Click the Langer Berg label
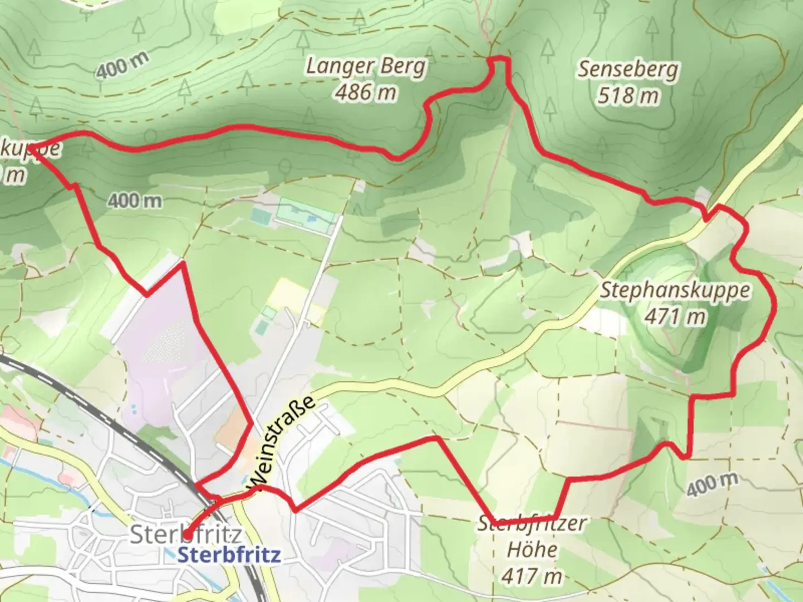click(x=365, y=66)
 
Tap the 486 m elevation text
click(x=365, y=92)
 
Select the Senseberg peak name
click(x=628, y=69)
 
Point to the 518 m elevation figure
click(x=628, y=96)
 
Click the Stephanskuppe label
click(x=675, y=290)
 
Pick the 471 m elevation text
click(x=675, y=317)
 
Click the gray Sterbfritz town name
click(x=186, y=534)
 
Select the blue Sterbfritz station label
click(x=229, y=555)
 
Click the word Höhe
click(x=532, y=550)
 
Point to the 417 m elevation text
click(x=532, y=576)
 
